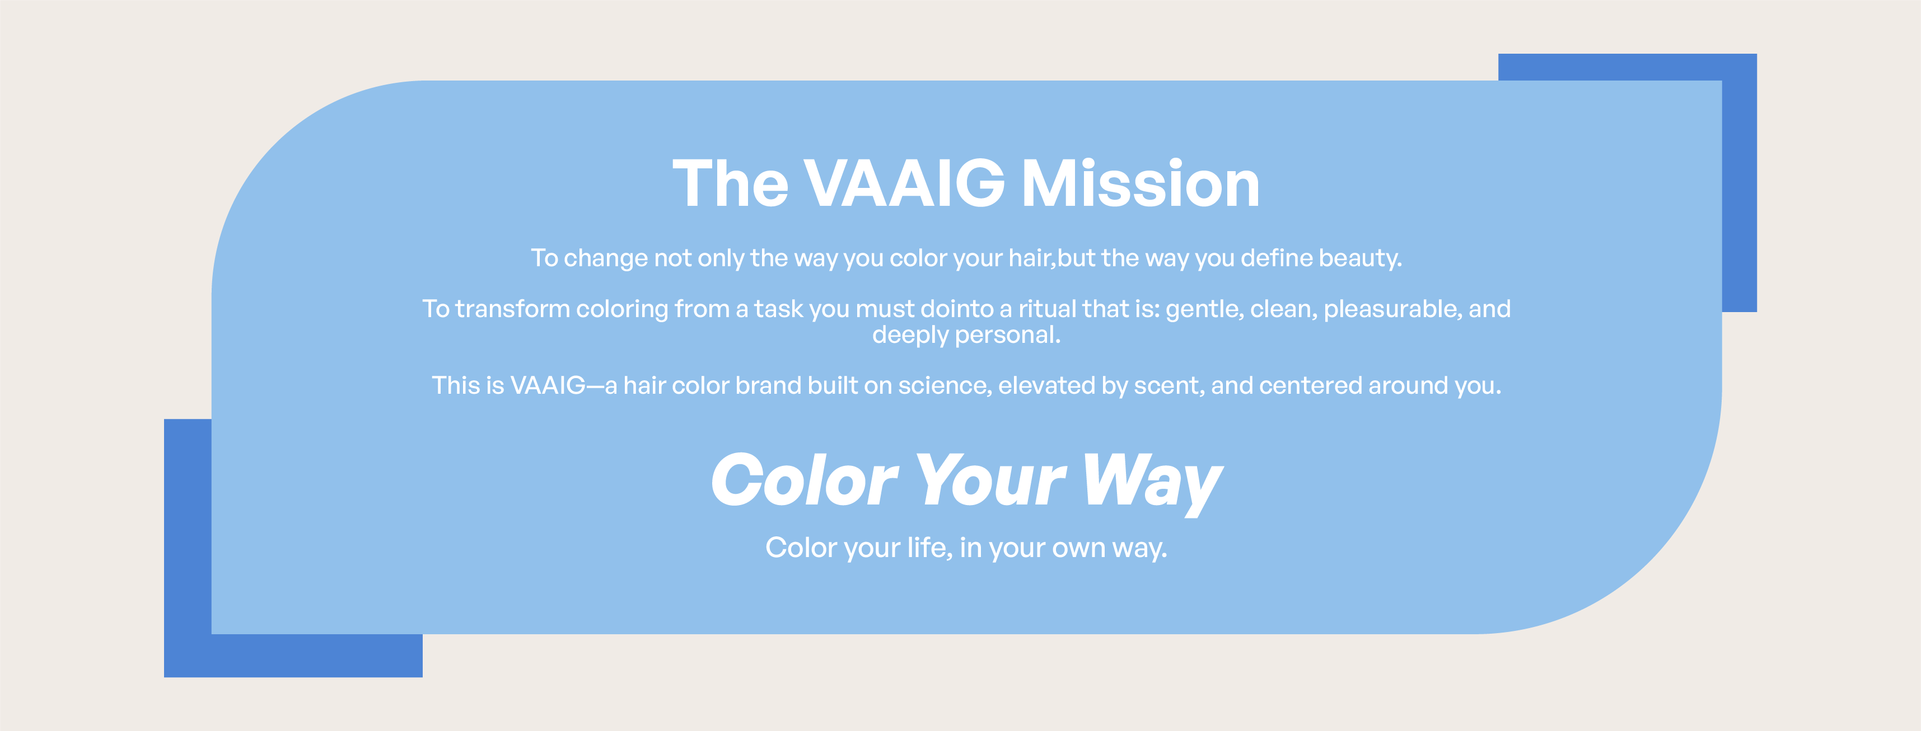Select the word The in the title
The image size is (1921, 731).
click(x=730, y=183)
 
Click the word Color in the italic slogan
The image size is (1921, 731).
click(x=805, y=480)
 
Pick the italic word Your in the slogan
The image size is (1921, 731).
click(x=990, y=480)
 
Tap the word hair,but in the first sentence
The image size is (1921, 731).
click(x=1051, y=258)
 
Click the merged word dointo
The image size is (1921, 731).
click(x=957, y=309)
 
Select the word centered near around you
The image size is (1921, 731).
click(x=1311, y=386)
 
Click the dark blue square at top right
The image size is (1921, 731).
click(x=1739, y=182)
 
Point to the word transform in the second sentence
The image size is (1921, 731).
click(x=512, y=309)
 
